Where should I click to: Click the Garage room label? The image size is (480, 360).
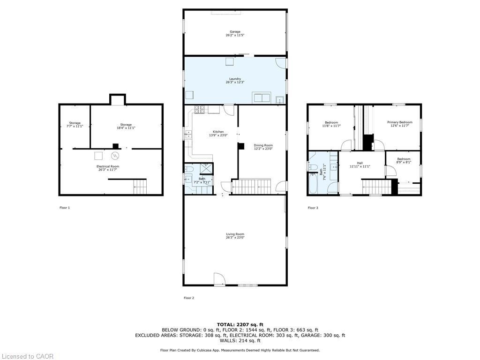[235, 32]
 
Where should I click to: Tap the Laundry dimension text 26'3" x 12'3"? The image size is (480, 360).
[235, 82]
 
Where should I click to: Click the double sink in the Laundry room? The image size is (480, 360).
[261, 98]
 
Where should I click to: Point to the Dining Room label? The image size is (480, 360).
[263, 145]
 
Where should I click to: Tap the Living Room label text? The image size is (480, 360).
[235, 234]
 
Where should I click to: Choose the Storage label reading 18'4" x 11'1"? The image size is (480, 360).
[126, 125]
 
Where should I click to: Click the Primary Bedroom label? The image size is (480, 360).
[399, 122]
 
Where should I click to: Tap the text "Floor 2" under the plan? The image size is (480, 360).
[188, 298]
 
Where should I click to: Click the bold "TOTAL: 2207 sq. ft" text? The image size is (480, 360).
[240, 324]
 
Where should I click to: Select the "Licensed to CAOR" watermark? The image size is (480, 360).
[27, 356]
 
